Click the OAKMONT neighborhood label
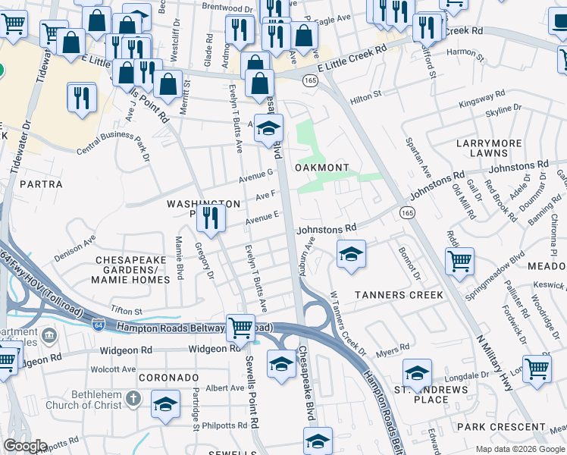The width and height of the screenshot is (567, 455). (321, 167)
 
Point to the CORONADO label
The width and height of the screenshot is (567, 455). (168, 377)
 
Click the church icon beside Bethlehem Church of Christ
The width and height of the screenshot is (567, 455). (133, 398)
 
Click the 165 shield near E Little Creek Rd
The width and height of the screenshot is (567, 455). (309, 79)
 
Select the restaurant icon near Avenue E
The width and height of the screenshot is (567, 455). (211, 218)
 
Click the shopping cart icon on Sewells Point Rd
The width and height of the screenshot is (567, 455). (240, 328)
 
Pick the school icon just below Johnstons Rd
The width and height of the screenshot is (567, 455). (351, 255)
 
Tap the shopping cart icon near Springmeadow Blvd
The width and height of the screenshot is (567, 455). (459, 262)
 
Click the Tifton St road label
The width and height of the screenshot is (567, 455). (126, 311)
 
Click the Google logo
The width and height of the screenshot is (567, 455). (24, 446)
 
